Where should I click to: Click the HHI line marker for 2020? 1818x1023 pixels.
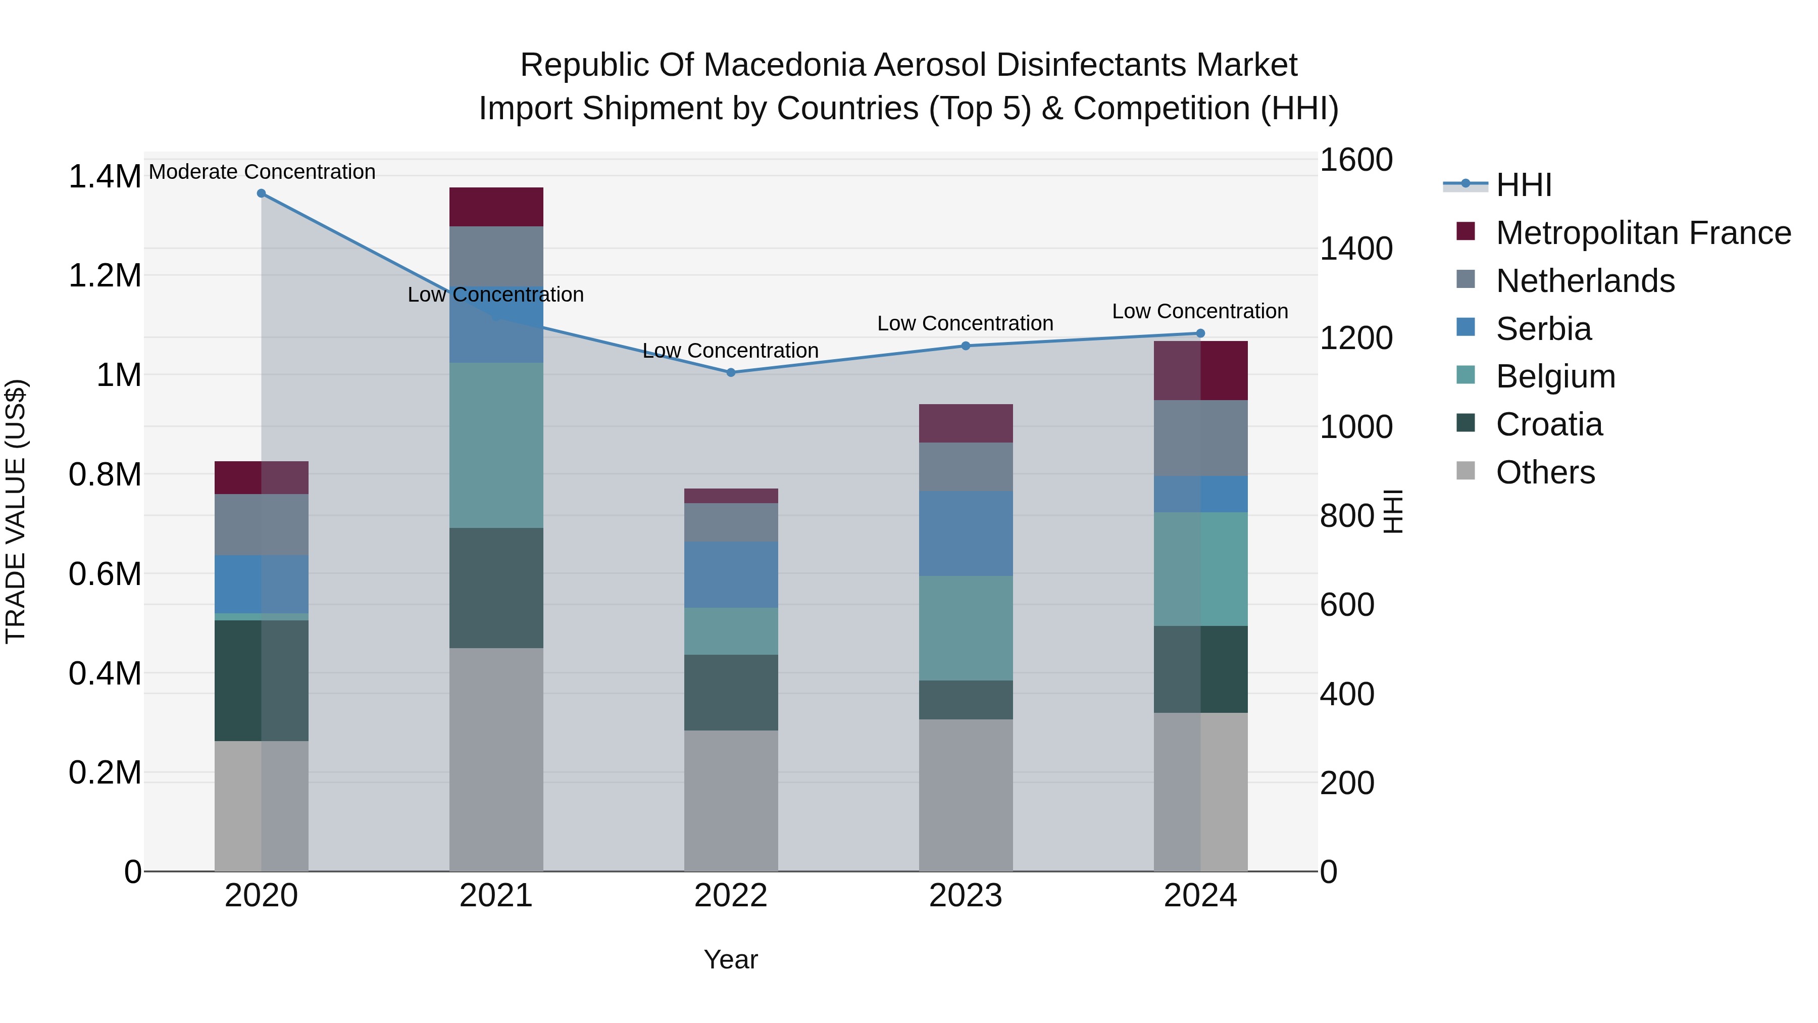coord(261,193)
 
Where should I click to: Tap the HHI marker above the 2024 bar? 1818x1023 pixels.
coord(1200,333)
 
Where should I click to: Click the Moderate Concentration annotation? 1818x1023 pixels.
coord(262,172)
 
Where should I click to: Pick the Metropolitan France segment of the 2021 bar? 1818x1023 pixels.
coord(496,207)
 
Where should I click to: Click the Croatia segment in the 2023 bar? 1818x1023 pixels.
coord(966,700)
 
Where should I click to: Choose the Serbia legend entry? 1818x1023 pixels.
coord(1543,329)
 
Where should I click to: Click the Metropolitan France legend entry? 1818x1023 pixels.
coord(1643,233)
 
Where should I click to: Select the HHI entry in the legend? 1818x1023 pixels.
coord(1523,185)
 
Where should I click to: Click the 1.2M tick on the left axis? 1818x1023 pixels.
coord(105,275)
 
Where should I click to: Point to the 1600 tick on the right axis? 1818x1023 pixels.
coord(1356,160)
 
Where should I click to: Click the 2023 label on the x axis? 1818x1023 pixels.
coord(966,896)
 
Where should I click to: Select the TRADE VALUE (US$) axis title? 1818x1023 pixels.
coord(16,511)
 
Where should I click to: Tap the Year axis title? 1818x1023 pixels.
coord(730,959)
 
